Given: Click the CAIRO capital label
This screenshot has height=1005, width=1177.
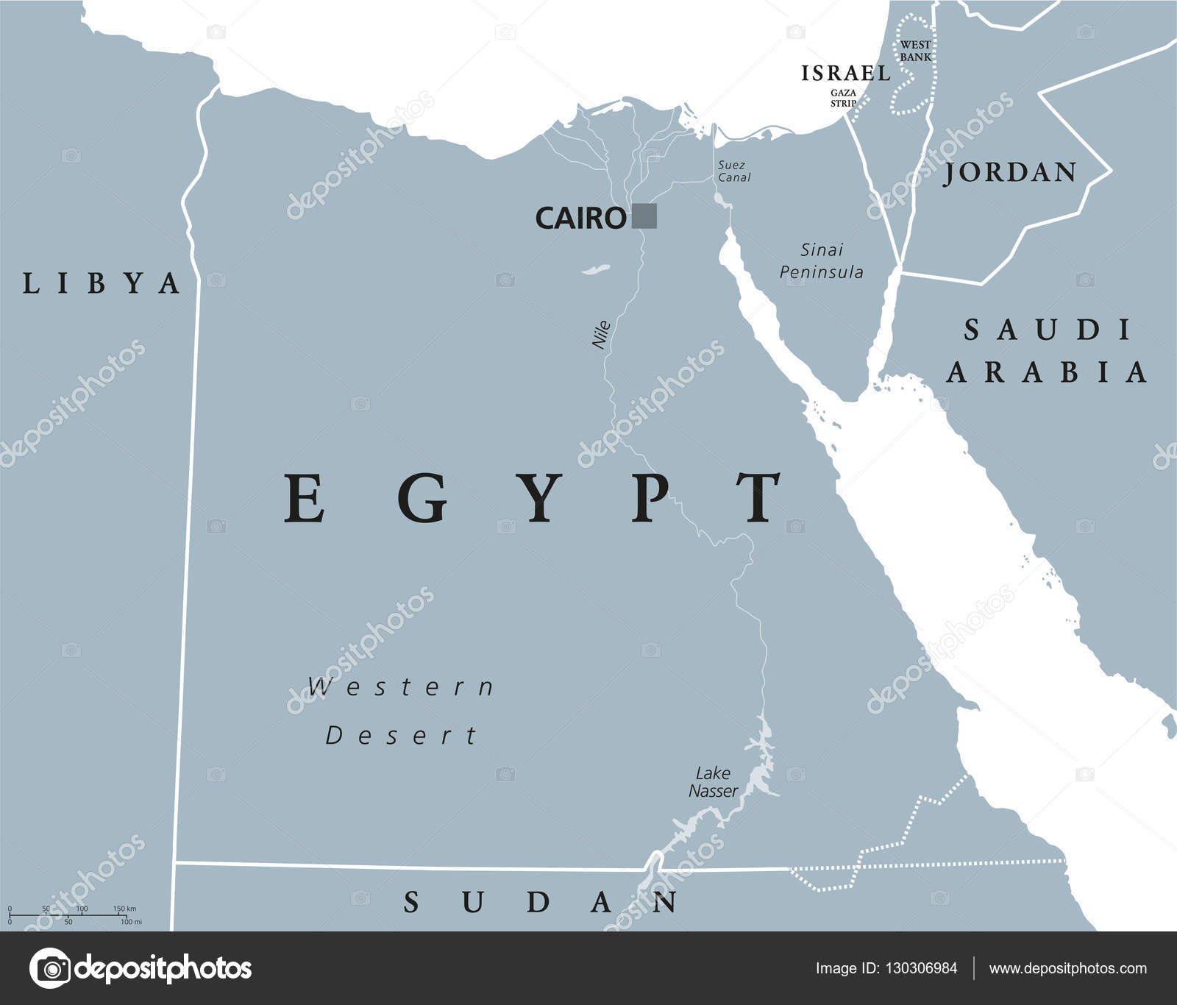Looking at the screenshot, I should tap(580, 218).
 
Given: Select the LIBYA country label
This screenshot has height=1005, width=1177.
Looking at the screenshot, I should tap(102, 283).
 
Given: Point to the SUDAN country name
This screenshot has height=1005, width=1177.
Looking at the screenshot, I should tap(541, 902).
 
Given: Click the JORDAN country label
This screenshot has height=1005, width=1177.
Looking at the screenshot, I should tap(1011, 172).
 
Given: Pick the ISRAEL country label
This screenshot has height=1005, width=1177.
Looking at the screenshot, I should tap(846, 73).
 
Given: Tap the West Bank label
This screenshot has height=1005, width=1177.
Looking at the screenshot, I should tap(915, 51).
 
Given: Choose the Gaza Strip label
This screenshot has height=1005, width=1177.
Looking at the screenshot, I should tap(843, 98).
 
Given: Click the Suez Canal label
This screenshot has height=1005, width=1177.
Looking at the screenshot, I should tap(733, 171).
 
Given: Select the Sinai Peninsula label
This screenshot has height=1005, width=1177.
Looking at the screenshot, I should tap(822, 261).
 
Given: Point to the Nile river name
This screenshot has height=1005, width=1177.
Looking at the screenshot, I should tap(602, 334).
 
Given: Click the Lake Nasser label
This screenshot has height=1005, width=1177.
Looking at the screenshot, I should tap(713, 782).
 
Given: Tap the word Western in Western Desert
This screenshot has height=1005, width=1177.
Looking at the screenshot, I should tap(402, 687).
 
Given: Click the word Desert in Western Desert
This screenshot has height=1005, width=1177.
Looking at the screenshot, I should tap(402, 735).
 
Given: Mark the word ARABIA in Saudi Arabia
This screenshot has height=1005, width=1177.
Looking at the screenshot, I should tap(1047, 372).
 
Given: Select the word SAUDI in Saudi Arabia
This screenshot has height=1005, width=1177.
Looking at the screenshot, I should tap(1048, 330).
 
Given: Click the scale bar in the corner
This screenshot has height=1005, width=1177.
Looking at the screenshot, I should tap(74, 915).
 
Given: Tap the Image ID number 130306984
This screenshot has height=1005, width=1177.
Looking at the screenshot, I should tap(920, 968).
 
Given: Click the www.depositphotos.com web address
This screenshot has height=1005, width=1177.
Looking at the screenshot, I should tap(1067, 968).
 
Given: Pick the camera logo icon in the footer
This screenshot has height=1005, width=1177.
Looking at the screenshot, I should tap(49, 968).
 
